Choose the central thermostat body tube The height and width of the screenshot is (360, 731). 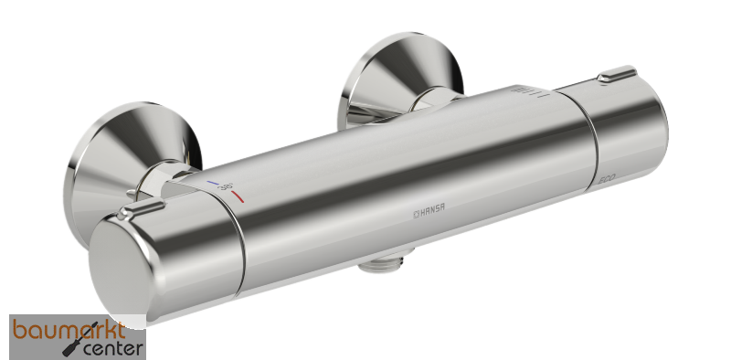411,174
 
